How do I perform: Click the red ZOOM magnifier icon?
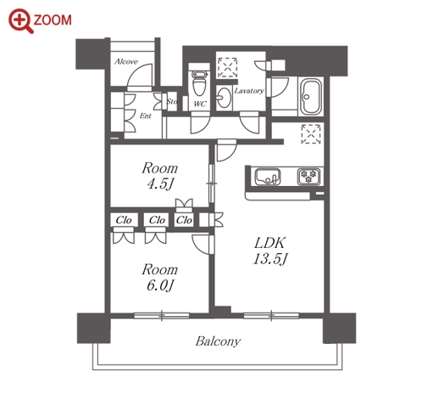tap(21, 21)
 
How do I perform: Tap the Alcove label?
tap(126, 62)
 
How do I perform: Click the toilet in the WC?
tap(199, 83)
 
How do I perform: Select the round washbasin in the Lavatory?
tap(225, 98)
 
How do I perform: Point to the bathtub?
tap(310, 96)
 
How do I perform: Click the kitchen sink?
tap(268, 177)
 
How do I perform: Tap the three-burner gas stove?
tap(308, 177)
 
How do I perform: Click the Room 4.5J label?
tap(159, 176)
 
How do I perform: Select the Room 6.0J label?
tap(159, 277)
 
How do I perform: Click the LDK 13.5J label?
tap(270, 251)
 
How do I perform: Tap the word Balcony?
tap(218, 341)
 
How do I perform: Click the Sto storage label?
tap(172, 101)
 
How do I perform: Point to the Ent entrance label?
tap(146, 116)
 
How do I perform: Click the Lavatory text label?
tap(249, 91)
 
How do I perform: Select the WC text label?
tap(200, 104)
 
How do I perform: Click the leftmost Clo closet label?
tap(124, 220)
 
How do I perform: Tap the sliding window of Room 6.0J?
tap(162, 316)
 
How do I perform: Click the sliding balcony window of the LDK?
tap(271, 316)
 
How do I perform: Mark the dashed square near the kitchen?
tap(311, 133)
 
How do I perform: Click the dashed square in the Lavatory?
tap(227, 67)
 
